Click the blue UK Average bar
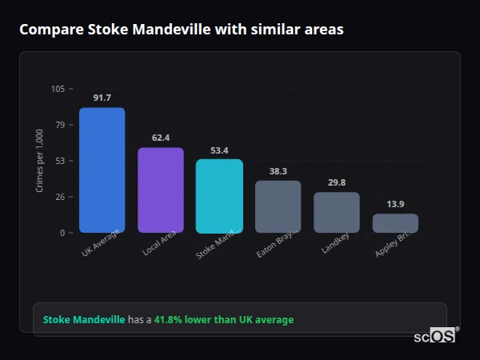[x=102, y=170]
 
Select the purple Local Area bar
[x=161, y=190]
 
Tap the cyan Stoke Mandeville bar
[x=219, y=196]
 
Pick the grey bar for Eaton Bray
[x=278, y=206]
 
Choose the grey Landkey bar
[x=337, y=212]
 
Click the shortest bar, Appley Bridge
[x=395, y=223]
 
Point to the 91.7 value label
[x=102, y=98]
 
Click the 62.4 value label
[x=161, y=138]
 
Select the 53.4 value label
[x=219, y=150]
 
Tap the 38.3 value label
[x=278, y=171]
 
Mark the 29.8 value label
[x=337, y=182]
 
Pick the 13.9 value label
[x=395, y=204]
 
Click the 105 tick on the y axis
[x=58, y=89]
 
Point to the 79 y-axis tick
[x=61, y=125]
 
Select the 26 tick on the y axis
[x=61, y=197]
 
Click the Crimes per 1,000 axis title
[x=40, y=161]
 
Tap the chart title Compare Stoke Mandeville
[x=182, y=30]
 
